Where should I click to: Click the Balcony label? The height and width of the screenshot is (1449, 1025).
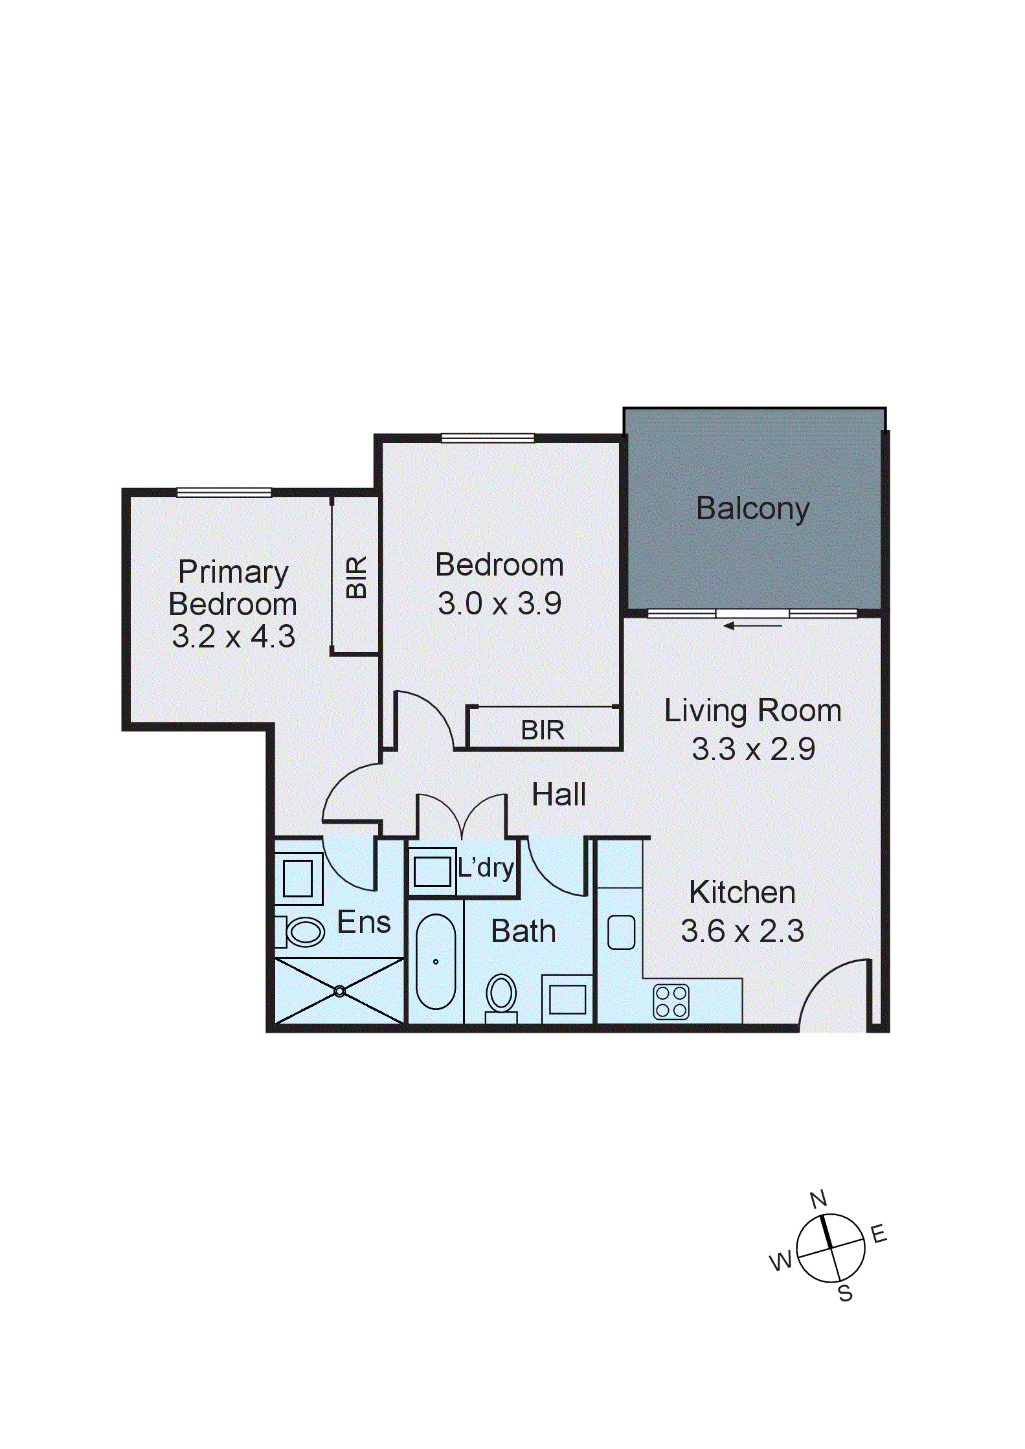point(752,508)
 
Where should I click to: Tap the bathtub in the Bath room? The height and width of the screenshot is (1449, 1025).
point(436,961)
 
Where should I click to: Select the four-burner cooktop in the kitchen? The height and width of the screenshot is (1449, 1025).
point(671,1002)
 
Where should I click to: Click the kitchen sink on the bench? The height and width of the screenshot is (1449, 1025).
point(621,932)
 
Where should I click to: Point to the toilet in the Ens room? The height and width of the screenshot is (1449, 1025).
point(303,932)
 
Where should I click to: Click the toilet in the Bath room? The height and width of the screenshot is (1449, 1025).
point(501,994)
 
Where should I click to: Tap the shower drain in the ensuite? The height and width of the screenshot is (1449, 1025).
point(339,991)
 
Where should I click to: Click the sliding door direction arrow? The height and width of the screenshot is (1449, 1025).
point(752,625)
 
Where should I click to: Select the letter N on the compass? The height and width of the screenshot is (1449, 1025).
point(818,1199)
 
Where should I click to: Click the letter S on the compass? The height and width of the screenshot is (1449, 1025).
point(845,1294)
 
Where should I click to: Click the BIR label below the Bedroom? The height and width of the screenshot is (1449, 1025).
point(543,730)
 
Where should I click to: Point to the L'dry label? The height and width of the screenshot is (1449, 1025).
point(486,868)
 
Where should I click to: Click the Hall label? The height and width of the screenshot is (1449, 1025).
point(558,794)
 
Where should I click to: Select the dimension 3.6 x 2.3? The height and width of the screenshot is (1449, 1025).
point(742,931)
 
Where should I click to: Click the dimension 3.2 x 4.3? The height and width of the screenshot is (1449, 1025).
point(233,636)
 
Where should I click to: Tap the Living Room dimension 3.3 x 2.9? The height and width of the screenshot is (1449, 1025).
point(753,749)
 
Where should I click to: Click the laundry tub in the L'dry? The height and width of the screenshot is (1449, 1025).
point(432,871)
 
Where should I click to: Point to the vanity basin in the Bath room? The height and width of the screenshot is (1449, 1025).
point(567,999)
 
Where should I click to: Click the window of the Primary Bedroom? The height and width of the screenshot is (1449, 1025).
point(224,493)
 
